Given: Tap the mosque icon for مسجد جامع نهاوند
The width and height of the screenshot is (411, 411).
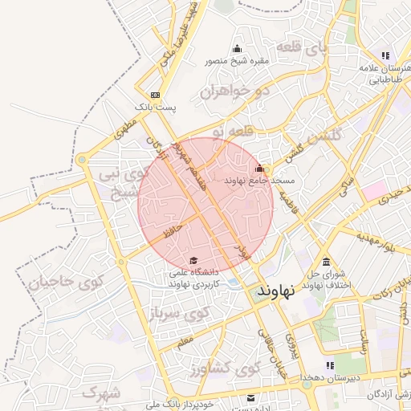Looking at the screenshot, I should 259,169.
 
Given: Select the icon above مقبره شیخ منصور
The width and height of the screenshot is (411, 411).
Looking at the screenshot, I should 236,49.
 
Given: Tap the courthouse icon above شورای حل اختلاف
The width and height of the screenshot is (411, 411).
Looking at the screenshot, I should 326,262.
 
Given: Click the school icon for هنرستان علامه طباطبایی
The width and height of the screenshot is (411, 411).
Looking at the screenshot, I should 385,55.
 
